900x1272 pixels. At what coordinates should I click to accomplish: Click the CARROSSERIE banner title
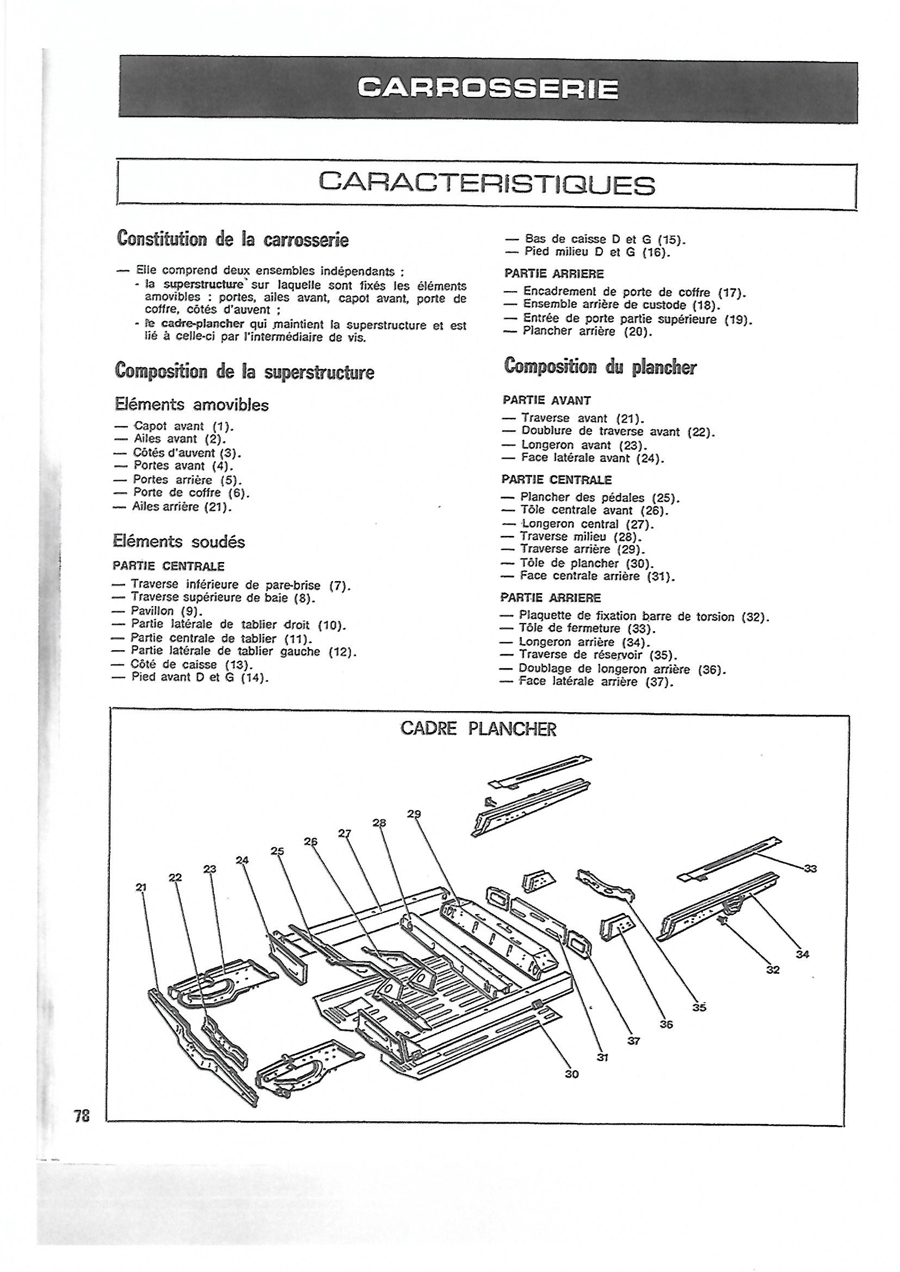[488, 89]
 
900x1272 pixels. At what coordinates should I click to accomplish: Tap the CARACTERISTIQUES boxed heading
[487, 184]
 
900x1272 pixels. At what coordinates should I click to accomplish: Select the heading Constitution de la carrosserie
[233, 239]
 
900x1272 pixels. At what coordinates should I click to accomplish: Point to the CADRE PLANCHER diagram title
[478, 729]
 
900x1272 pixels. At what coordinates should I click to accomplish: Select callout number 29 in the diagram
[414, 814]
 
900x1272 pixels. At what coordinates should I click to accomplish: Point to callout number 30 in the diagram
[571, 1073]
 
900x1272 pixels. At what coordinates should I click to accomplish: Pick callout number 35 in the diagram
[699, 1008]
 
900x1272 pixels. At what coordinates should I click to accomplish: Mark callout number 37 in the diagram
[633, 1040]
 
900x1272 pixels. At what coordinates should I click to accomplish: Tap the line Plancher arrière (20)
[588, 332]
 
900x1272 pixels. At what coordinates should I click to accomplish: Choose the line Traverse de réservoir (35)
[599, 656]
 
